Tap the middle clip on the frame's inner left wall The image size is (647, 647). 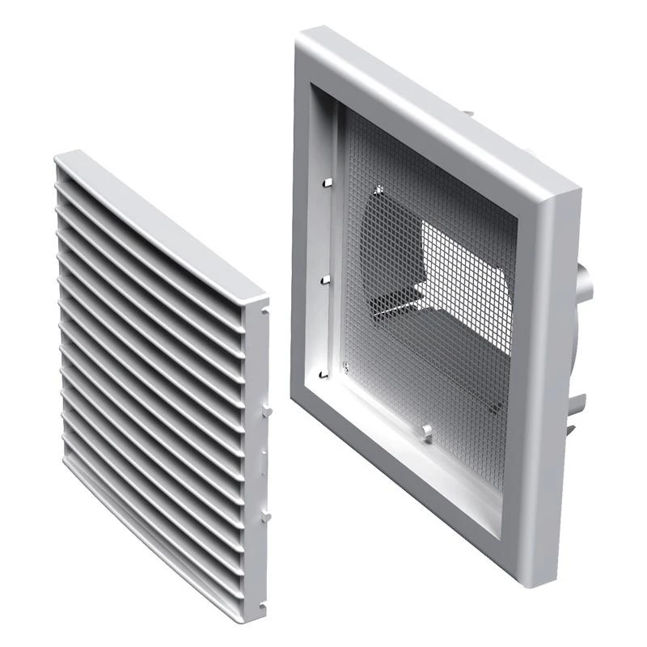point(325,280)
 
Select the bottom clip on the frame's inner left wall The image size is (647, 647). point(325,374)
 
